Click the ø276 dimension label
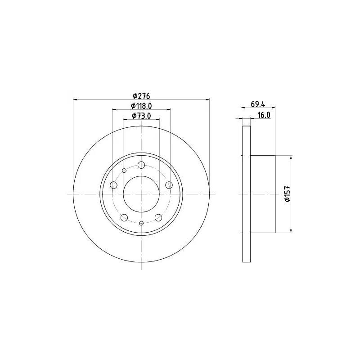tap(141, 95)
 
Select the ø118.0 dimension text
tap(141, 106)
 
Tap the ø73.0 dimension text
tap(141, 116)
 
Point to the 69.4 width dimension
tap(258, 104)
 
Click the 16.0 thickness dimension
tap(264, 115)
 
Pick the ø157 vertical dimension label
tap(288, 194)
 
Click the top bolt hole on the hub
tap(141, 165)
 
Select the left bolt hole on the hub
tap(114, 184)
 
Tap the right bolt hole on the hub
tap(169, 184)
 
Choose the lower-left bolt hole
tap(124, 217)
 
